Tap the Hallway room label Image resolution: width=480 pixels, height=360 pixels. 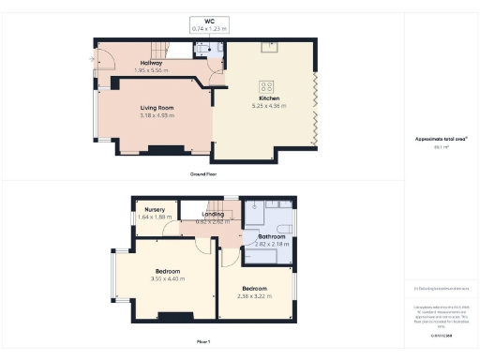151,63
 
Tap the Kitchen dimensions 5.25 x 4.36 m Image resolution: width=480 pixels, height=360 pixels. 268,105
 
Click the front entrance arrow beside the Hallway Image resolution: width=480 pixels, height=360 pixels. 92,61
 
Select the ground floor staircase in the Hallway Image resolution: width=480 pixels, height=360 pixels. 160,48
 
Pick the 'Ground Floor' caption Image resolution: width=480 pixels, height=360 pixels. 203,173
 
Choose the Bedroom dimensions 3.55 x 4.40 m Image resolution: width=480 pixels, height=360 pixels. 165,278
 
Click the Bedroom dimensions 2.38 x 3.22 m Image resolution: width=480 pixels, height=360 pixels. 255,295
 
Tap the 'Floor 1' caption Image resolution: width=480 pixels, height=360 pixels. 203,342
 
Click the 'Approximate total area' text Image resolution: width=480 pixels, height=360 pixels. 441,139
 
